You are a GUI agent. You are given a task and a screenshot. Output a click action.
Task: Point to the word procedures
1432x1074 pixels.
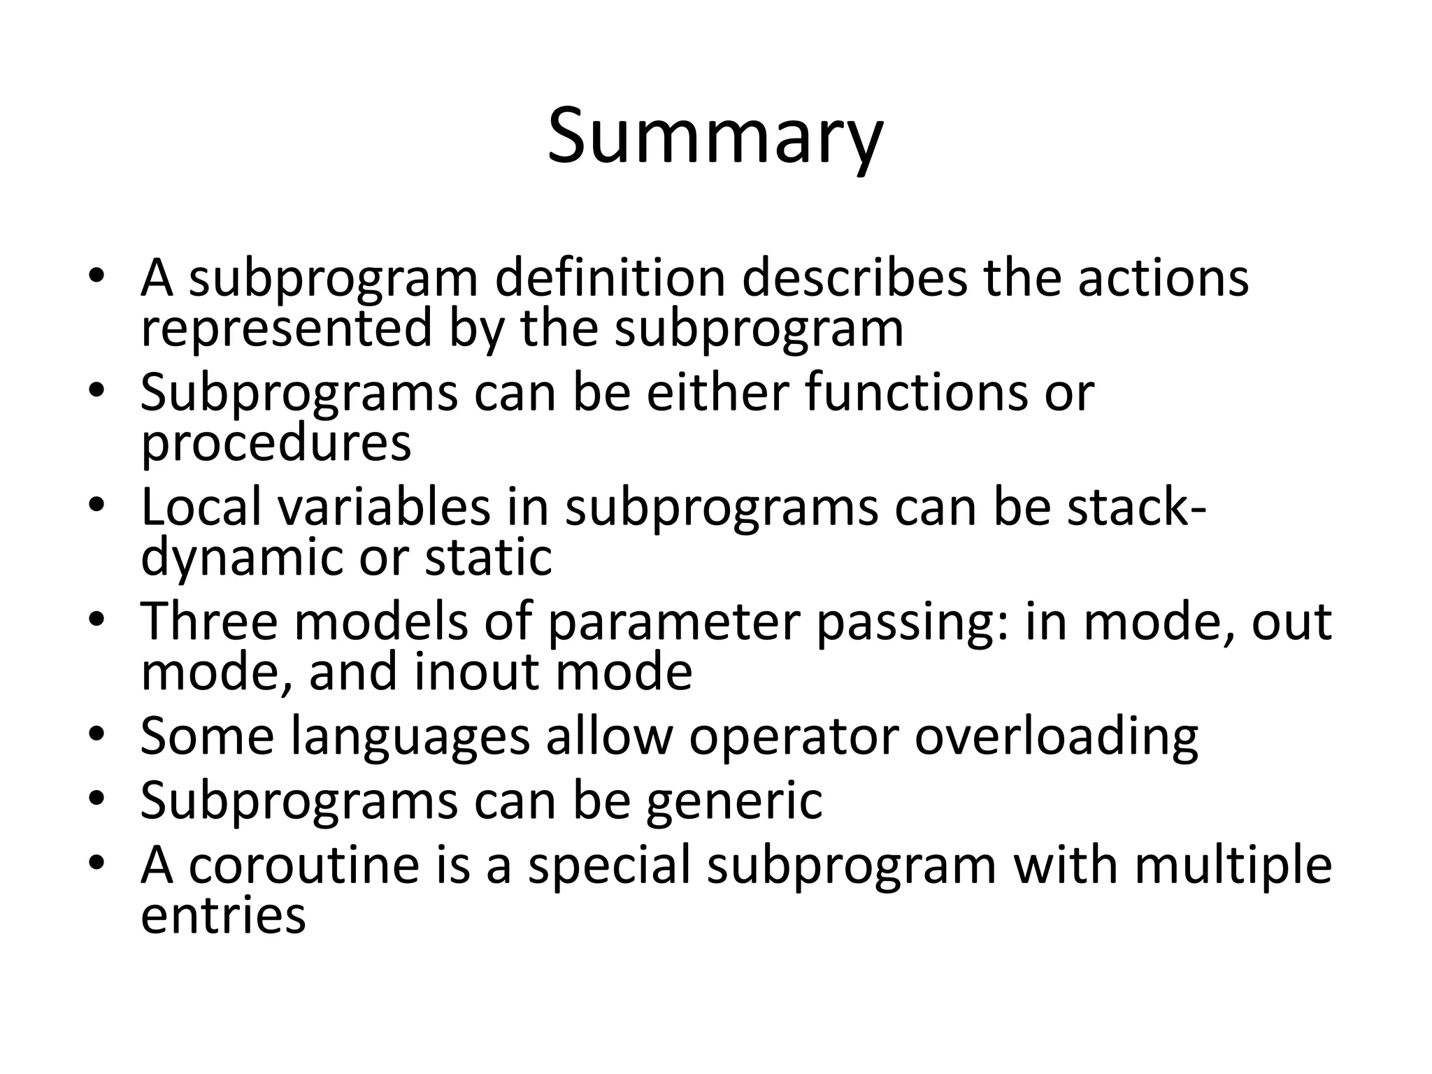tap(276, 443)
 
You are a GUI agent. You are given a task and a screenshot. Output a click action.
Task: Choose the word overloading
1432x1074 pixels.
tap(1057, 737)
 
